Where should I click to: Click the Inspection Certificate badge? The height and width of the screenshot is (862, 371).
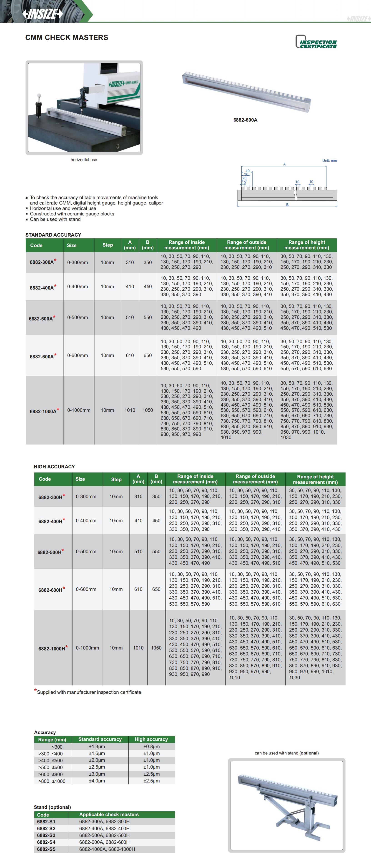point(316,42)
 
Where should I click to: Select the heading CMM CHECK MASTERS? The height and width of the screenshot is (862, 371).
point(67,37)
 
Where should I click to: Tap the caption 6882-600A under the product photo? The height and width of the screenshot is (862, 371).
point(245,120)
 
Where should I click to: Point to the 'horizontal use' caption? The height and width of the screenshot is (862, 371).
point(84,160)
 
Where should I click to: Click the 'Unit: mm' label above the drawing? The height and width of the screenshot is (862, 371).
point(329,161)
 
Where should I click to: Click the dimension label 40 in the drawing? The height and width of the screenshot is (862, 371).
point(247,171)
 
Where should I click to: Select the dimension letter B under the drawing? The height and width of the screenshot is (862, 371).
point(287,205)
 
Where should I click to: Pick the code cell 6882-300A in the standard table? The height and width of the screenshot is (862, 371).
point(42,262)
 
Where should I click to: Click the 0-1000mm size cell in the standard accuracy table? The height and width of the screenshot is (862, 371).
point(79,410)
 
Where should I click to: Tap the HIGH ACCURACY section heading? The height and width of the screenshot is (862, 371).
point(54,467)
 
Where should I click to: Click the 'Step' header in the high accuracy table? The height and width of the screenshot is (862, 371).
point(116,479)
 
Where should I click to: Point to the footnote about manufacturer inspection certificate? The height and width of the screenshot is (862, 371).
point(89,692)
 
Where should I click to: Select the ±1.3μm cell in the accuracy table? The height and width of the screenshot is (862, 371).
point(97,747)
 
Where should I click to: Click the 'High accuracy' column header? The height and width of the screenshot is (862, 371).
point(151,739)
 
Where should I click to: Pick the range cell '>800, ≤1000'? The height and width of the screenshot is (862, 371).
point(52,781)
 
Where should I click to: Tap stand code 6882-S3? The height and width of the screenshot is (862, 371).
point(46,835)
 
